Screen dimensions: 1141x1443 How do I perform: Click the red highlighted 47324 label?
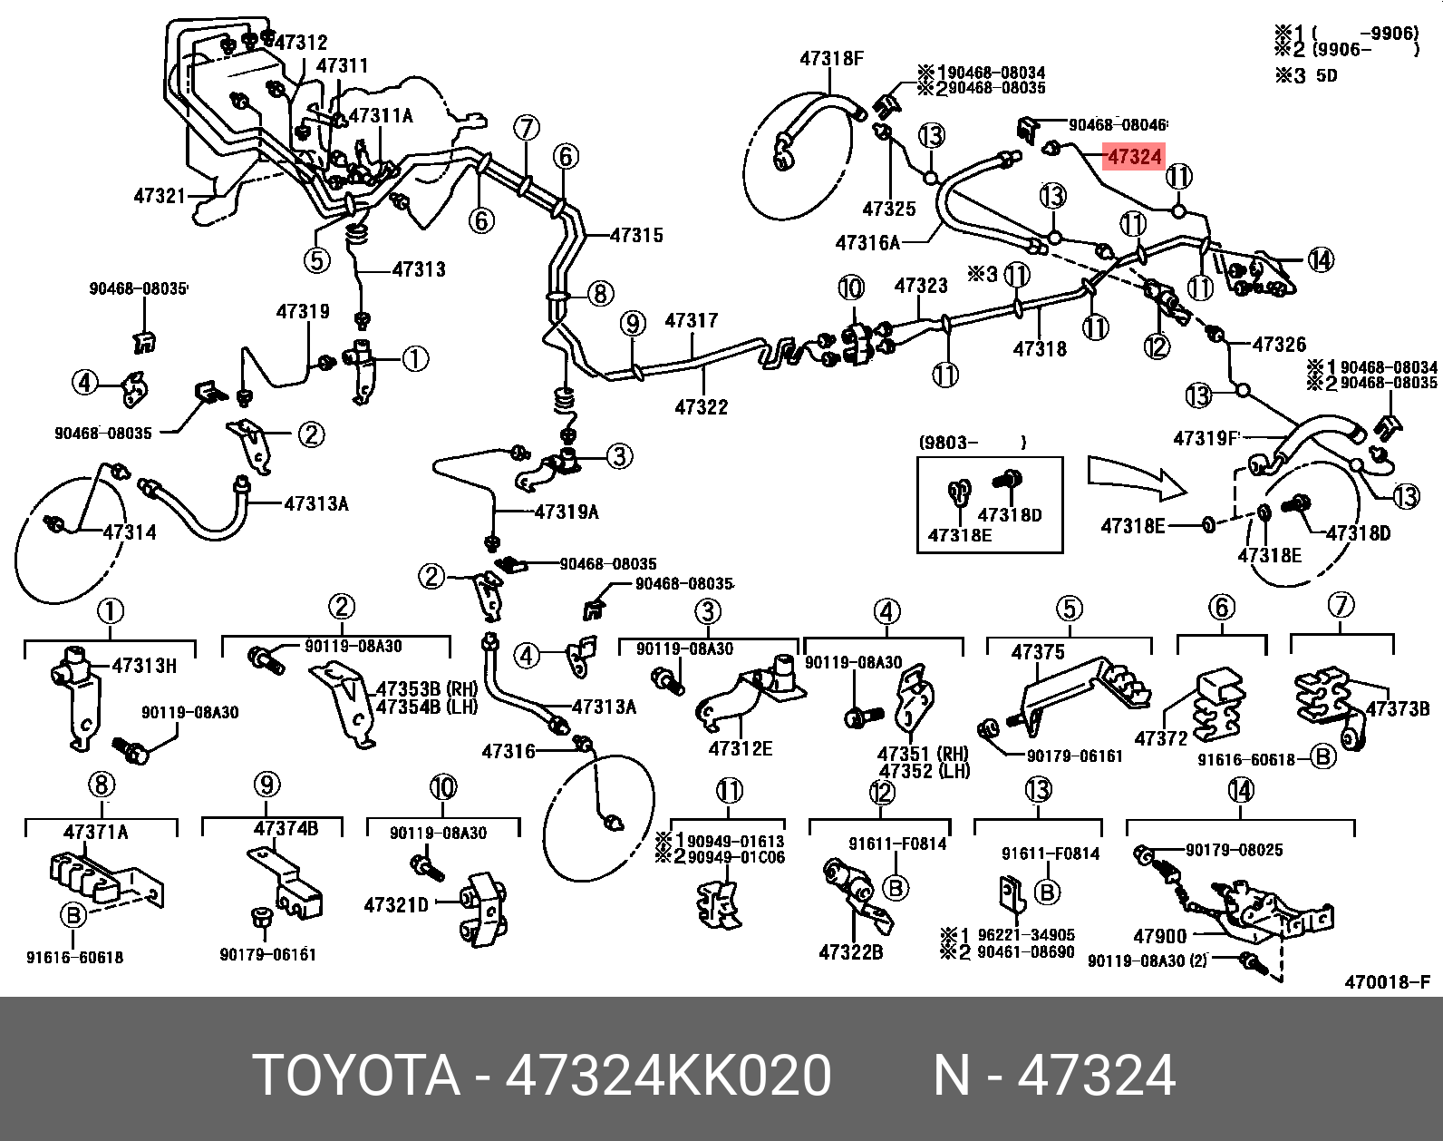(1133, 158)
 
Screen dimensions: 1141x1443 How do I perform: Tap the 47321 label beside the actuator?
(160, 195)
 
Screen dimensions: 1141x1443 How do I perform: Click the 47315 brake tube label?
(636, 236)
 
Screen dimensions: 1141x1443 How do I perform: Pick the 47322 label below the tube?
(701, 408)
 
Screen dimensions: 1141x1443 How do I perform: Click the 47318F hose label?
(831, 58)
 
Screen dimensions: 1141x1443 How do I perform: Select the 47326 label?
(1279, 345)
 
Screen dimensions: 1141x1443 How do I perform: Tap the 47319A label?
(567, 512)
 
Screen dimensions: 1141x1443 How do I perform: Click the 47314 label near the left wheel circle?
(129, 532)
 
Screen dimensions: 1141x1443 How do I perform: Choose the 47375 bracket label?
(1038, 652)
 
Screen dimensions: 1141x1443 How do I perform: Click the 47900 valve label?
(1160, 935)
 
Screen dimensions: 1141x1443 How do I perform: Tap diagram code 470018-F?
(1387, 982)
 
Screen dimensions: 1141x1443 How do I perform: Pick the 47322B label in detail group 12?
(850, 952)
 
